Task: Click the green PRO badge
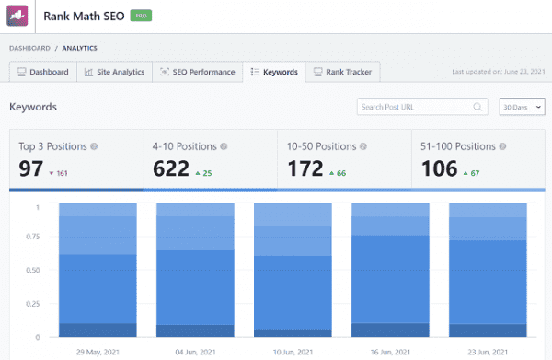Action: (x=139, y=17)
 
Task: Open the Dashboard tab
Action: (x=42, y=72)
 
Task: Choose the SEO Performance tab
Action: (x=197, y=72)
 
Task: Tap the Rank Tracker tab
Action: (x=341, y=72)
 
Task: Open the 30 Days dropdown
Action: (x=519, y=107)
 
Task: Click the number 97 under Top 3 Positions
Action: (x=32, y=169)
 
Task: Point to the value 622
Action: (x=171, y=169)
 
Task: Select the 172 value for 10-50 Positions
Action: (x=305, y=169)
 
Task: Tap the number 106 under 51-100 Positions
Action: (x=439, y=169)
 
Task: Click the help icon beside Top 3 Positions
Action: (x=95, y=146)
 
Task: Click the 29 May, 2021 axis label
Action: (x=98, y=351)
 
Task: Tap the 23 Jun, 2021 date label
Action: (x=488, y=351)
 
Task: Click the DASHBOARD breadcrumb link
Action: (x=29, y=48)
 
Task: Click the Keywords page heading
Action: (x=33, y=107)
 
